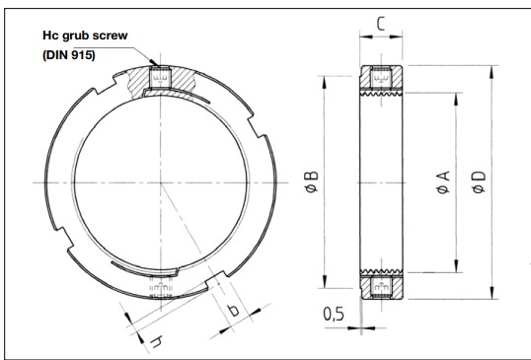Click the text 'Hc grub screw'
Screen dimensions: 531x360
[x=85, y=36]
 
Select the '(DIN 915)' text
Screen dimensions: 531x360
[x=69, y=55]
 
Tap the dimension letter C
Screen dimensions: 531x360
[x=381, y=24]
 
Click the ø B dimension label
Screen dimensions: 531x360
[x=312, y=181]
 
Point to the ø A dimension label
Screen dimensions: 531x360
[x=443, y=182]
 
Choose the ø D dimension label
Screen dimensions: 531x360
[x=479, y=182]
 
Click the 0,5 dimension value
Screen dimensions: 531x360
[x=334, y=314]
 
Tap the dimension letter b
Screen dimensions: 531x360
[x=233, y=310]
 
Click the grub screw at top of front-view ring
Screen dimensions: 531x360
[x=160, y=78]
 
